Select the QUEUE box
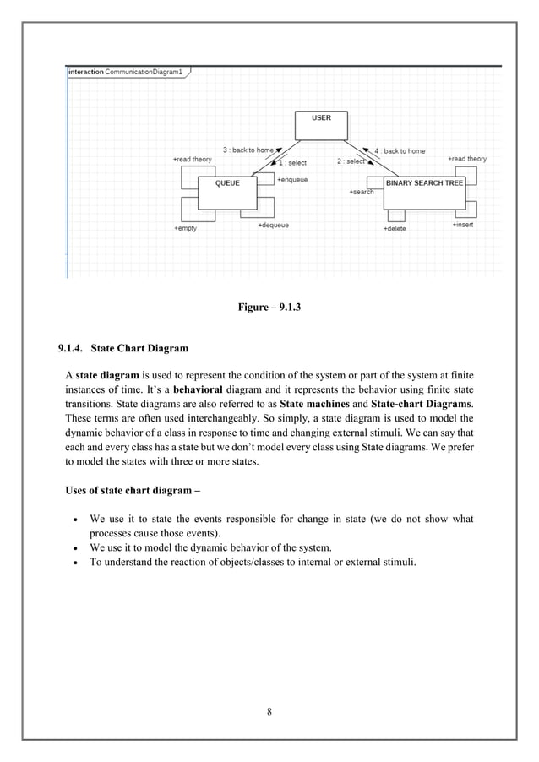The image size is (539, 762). (227, 191)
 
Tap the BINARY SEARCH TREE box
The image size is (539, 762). (423, 191)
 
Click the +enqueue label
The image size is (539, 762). (292, 179)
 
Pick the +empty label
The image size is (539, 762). (185, 228)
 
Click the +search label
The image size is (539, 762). (361, 192)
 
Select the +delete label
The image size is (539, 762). (395, 228)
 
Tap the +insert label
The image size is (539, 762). (462, 225)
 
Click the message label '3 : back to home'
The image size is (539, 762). (247, 150)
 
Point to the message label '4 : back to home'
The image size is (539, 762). (400, 150)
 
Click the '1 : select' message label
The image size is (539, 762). (292, 162)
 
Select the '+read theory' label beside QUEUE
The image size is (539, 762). (192, 159)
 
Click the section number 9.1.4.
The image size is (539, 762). (70, 347)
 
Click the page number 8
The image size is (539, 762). (269, 711)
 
